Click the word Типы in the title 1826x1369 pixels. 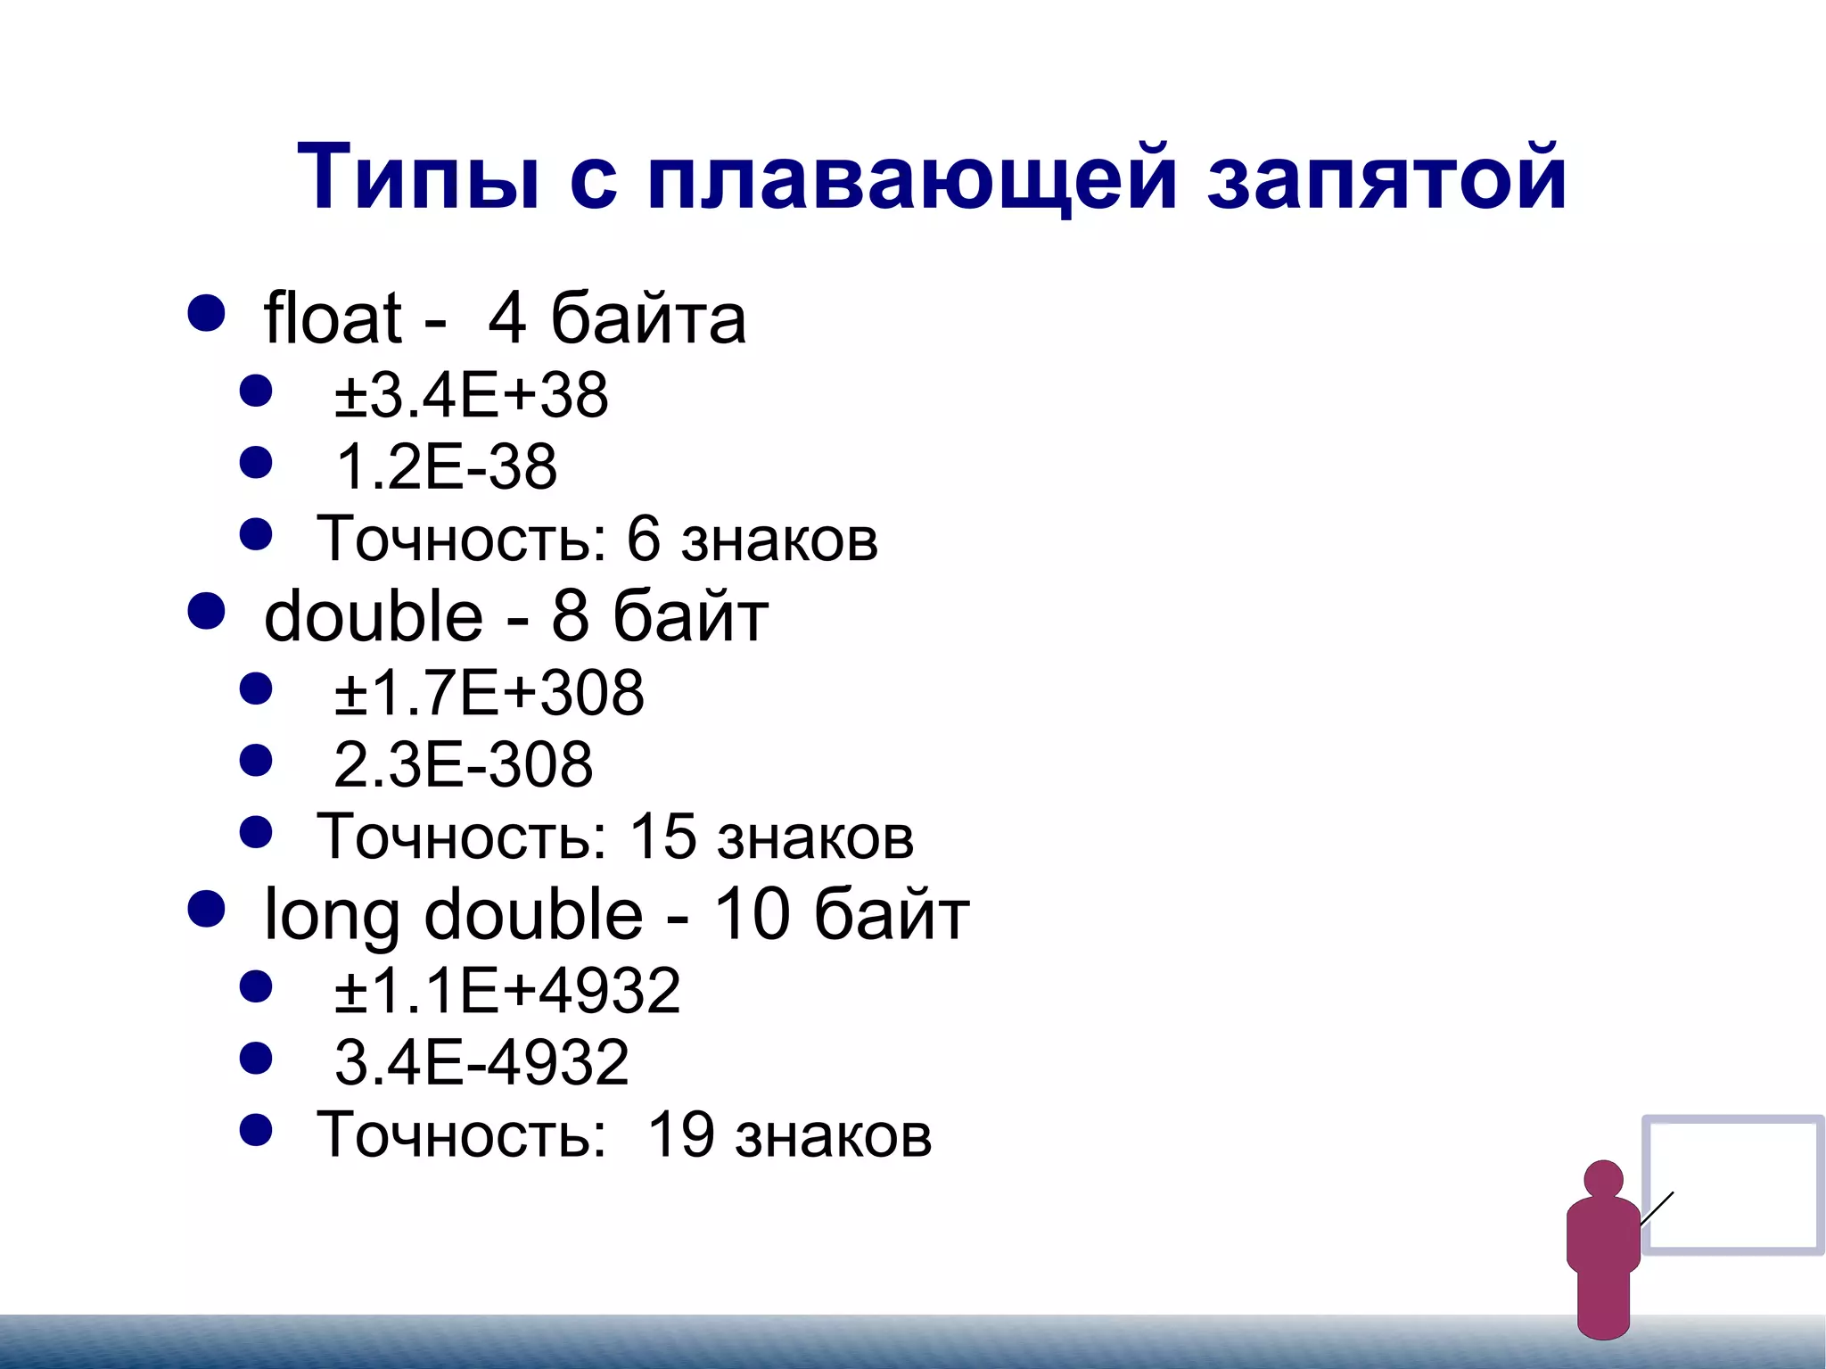[418, 178]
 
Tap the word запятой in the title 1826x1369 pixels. [1386, 178]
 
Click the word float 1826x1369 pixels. [332, 318]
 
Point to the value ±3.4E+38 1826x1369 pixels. [472, 395]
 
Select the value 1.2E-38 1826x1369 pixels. [446, 466]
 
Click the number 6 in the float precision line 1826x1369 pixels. [643, 539]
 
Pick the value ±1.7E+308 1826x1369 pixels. [489, 693]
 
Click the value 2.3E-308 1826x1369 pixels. [463, 764]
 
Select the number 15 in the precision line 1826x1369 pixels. [662, 837]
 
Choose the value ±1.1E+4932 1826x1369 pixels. [507, 991]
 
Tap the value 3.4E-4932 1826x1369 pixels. [481, 1062]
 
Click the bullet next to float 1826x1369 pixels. [207, 313]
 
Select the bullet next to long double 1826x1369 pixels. [207, 909]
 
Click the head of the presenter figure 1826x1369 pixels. [1603, 1179]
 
